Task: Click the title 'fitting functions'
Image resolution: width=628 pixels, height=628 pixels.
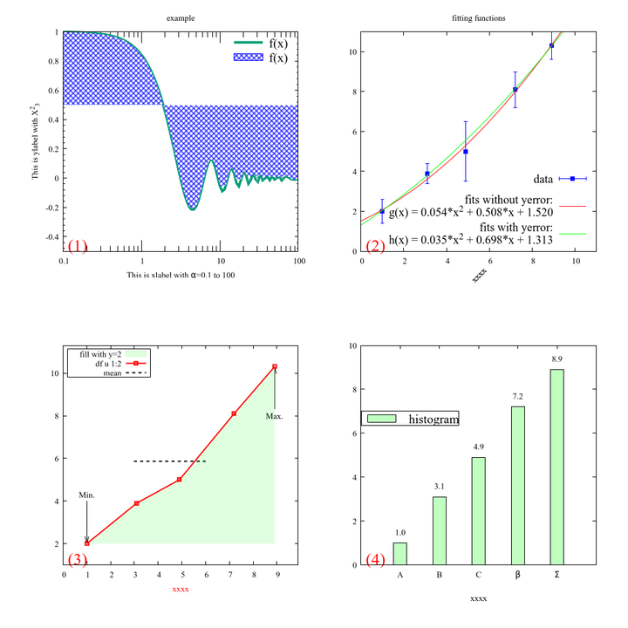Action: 478,18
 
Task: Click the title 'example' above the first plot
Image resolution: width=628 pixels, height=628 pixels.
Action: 181,18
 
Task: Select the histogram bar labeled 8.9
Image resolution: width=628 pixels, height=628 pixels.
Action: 556,467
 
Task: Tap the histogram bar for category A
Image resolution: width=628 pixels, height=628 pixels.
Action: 399,554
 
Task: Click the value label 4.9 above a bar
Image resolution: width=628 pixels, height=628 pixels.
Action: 479,447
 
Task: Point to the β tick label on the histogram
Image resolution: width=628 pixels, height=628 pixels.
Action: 518,575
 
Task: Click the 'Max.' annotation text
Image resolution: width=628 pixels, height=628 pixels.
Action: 275,416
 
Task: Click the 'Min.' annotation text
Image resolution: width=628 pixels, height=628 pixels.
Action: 86,495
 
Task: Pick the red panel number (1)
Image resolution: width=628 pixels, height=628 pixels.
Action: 78,246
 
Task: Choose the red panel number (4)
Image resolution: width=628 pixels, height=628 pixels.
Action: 375,560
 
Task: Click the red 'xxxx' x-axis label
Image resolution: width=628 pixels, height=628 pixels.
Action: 181,590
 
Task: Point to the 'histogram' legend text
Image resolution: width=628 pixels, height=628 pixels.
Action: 433,420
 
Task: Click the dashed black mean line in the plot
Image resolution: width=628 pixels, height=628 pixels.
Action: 169,461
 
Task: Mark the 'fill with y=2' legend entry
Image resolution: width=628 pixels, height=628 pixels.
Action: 100,354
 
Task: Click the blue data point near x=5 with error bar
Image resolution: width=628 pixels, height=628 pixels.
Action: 466,152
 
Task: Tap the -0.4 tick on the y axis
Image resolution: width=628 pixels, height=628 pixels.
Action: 52,237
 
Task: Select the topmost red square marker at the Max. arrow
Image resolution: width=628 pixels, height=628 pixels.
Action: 275,366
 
